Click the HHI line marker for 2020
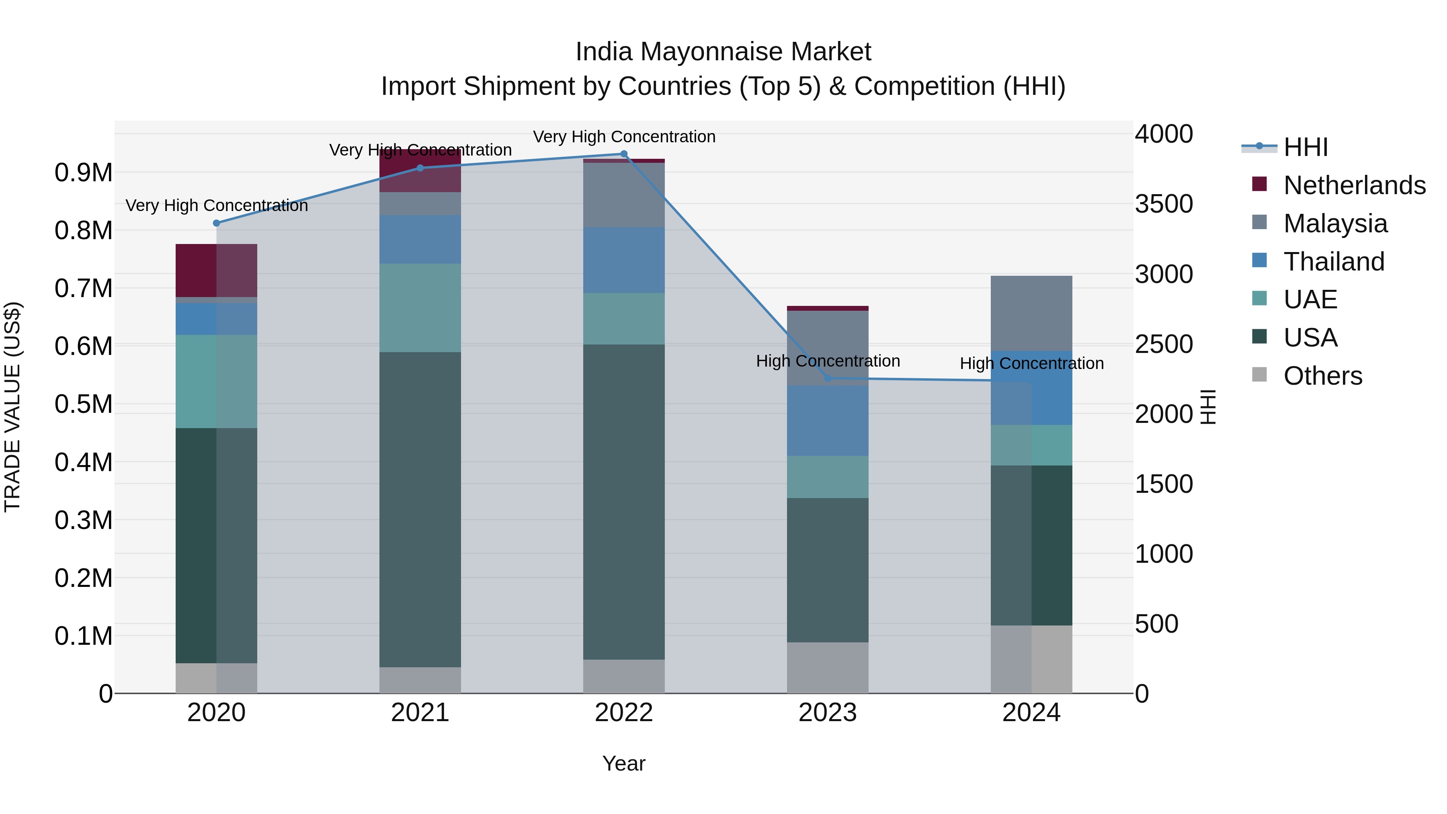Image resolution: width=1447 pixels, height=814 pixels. (216, 223)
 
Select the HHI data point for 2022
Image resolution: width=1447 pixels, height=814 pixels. (623, 154)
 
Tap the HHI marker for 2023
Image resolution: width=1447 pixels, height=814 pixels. (828, 378)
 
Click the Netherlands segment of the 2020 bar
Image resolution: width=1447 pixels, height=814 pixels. (216, 270)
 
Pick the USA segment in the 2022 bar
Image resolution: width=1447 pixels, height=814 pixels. (623, 502)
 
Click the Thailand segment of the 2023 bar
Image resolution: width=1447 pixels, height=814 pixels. (828, 421)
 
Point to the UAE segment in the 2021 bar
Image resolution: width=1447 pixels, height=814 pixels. (420, 308)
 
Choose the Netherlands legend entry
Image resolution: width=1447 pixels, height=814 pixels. (1354, 185)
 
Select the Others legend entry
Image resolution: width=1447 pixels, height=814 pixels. (1322, 376)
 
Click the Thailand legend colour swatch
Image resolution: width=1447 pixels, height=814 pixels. (1259, 260)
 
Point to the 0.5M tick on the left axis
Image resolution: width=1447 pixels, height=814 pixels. (84, 404)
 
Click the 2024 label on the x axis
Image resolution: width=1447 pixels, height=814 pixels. (1031, 713)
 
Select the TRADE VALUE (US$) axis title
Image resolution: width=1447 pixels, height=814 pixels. (12, 407)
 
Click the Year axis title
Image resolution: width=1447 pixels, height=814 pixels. (623, 763)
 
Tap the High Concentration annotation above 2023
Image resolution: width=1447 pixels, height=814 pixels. (828, 361)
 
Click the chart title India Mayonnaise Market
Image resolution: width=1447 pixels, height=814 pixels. (723, 52)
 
